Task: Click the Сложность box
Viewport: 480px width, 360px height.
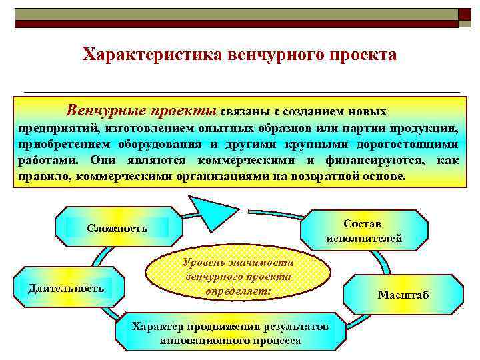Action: coord(117,227)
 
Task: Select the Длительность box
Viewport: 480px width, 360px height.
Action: coord(66,288)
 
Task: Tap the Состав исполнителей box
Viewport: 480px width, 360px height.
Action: coord(364,231)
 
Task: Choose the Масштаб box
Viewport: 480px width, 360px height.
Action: coord(403,294)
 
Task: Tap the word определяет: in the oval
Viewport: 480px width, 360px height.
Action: coord(239,292)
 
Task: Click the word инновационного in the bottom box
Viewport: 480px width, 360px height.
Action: coord(200,340)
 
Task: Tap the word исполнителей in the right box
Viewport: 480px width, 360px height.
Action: coord(364,238)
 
